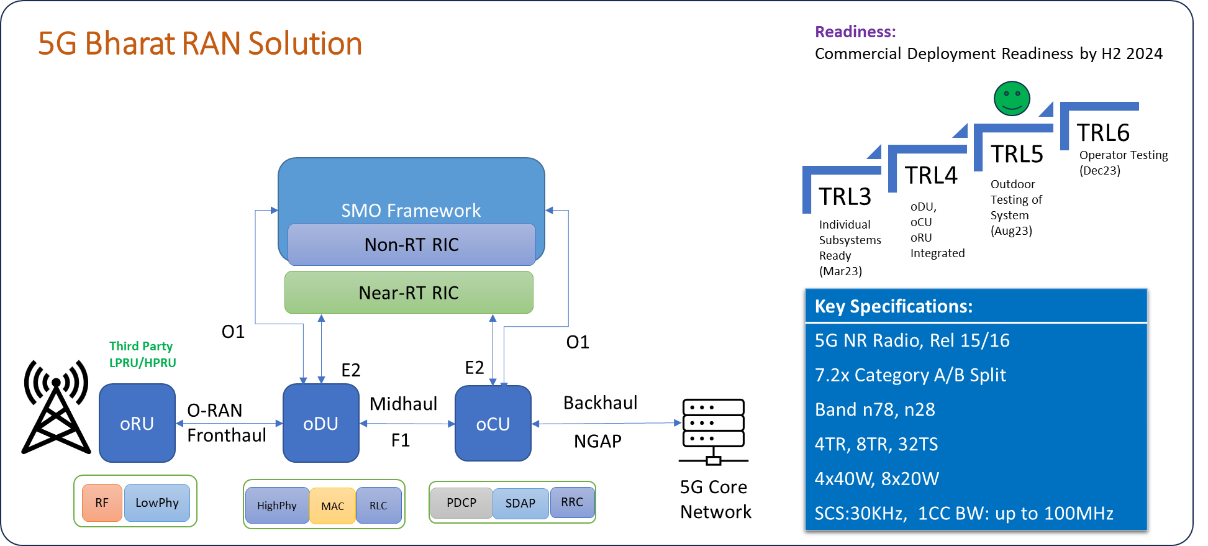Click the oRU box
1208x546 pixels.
137,423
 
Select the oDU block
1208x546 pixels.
320,423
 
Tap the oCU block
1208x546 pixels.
493,424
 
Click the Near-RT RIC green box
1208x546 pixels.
409,293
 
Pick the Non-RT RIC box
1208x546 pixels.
411,245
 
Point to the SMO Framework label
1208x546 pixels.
411,211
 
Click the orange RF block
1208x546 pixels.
102,503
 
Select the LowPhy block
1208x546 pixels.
157,503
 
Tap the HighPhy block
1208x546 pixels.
277,506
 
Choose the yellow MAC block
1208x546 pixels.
332,506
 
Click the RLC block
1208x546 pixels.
378,506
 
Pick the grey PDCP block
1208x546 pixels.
461,503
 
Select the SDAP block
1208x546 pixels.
520,503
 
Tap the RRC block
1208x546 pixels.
572,502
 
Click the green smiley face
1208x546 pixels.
1012,99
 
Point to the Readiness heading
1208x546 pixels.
855,32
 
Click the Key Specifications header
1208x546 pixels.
893,306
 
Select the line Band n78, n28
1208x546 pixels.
874,409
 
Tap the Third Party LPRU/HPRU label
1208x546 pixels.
142,354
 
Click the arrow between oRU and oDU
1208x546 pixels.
229,423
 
